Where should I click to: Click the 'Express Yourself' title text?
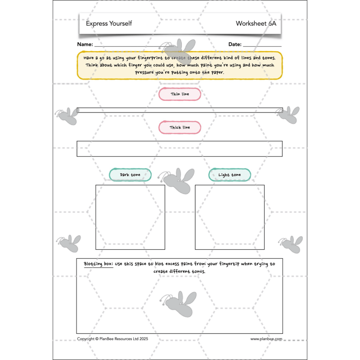click(109, 23)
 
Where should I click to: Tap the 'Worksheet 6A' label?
click(256, 23)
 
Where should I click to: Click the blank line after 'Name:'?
click(131, 46)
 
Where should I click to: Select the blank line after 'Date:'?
click(262, 46)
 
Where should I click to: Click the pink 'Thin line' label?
click(180, 94)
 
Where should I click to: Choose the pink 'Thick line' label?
click(180, 127)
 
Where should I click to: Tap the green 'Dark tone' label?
click(130, 175)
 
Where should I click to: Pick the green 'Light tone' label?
click(229, 175)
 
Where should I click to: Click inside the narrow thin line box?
click(180, 110)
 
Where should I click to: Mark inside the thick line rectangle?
click(180, 149)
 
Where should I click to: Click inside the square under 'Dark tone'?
click(130, 217)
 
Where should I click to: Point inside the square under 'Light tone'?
click(229, 217)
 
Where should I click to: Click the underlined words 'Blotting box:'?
click(99, 264)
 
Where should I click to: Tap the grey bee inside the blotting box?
click(179, 303)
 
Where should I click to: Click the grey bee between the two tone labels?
click(177, 181)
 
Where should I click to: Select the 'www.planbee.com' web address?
click(266, 339)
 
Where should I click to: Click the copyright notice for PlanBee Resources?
click(112, 339)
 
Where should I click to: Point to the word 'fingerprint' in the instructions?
click(150, 58)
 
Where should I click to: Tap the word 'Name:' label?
click(85, 44)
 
